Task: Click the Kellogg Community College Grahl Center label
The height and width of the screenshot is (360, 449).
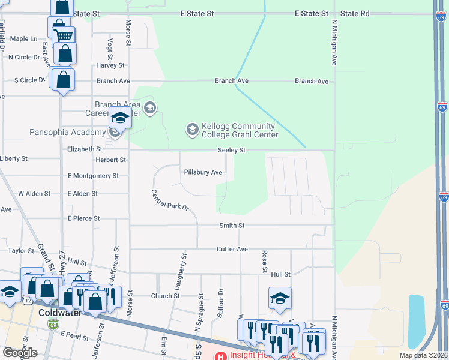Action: (238, 130)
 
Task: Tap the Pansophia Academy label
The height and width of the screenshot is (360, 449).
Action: (67, 132)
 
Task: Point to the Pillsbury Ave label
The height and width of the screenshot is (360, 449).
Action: (203, 172)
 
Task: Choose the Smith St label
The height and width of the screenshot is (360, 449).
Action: (232, 226)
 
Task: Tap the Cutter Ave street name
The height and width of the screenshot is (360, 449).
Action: (232, 249)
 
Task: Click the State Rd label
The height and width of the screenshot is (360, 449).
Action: (355, 13)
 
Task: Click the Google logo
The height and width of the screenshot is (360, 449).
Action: (20, 353)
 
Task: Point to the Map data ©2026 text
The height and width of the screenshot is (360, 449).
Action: (424, 355)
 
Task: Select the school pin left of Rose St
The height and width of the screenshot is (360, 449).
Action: (280, 298)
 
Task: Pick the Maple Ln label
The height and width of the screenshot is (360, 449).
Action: (23, 38)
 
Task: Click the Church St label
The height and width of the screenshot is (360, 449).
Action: (165, 296)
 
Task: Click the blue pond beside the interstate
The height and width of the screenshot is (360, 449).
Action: (416, 321)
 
